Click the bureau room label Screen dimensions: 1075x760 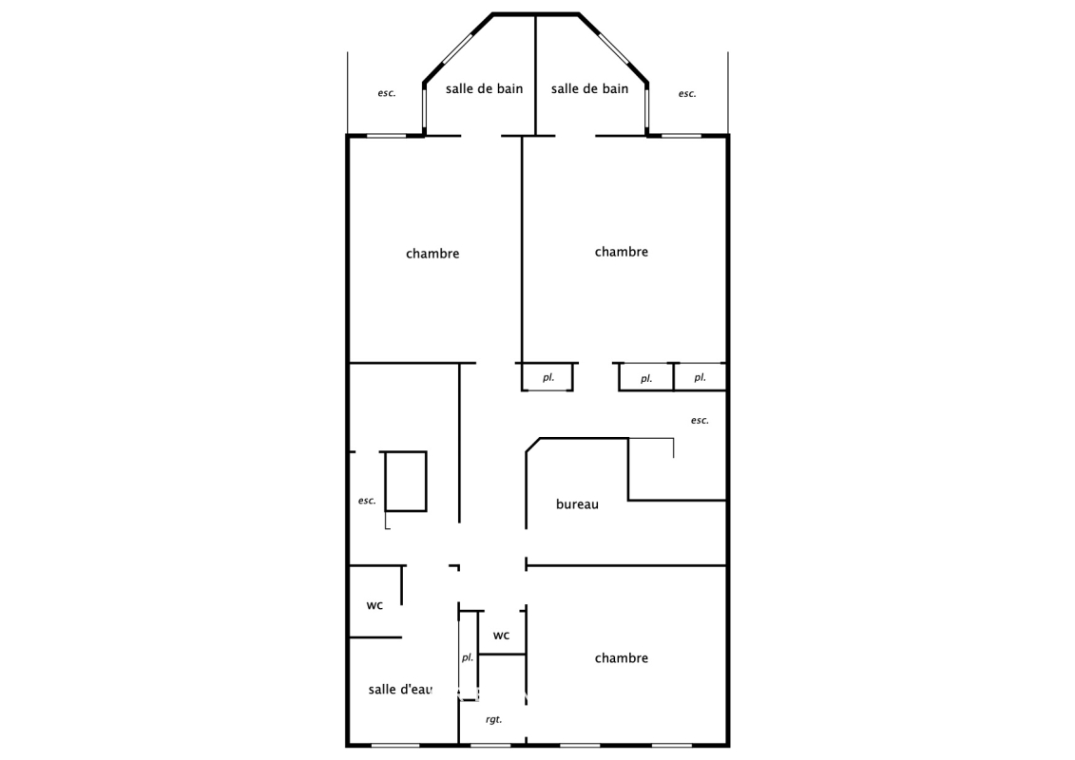point(577,504)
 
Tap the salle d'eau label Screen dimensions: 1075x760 point(400,690)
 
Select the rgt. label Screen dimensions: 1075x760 point(493,719)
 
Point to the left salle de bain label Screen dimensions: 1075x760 point(484,88)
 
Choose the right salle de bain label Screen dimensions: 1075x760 point(589,88)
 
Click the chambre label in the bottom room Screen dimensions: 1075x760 point(621,658)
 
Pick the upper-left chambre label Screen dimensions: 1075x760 point(432,254)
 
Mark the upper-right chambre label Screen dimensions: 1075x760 point(621,252)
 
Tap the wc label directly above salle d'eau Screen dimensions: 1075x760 point(374,605)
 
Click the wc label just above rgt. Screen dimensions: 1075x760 point(501,636)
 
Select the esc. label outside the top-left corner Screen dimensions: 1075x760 point(387,93)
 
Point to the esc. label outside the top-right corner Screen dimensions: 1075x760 point(687,94)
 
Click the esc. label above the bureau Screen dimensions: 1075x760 point(700,420)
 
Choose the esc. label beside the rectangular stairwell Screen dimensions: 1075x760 point(367,501)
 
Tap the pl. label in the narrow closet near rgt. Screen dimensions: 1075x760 point(468,657)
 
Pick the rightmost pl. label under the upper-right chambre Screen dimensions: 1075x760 point(700,377)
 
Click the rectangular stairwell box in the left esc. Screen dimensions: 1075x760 point(427,481)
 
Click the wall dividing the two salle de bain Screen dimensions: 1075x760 point(535,75)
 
